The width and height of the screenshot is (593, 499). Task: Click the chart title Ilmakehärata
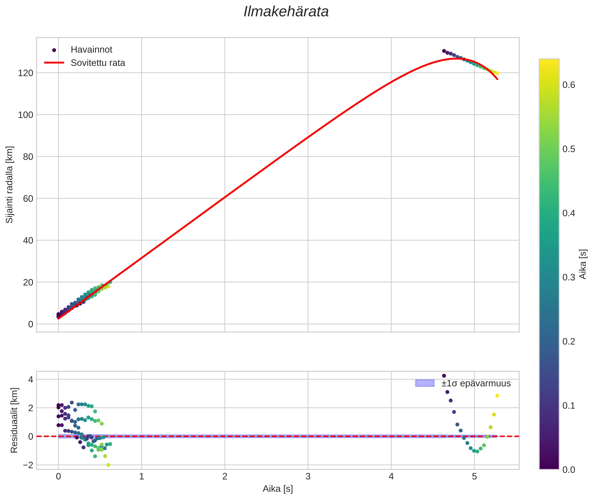286,12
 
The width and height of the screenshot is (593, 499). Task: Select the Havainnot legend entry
91,50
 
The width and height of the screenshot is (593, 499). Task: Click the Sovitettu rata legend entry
98,63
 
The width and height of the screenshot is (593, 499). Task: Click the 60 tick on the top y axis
28,199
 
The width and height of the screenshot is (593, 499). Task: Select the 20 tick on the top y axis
28,282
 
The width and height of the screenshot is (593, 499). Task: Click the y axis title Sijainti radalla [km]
9,185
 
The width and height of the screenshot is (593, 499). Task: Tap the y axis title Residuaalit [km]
14,420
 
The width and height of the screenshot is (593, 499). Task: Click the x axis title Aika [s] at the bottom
277,489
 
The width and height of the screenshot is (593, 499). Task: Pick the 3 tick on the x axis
308,477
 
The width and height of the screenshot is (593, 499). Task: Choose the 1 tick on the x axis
142,477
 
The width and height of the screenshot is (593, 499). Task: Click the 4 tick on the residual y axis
30,380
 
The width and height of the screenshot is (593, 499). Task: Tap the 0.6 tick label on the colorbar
568,85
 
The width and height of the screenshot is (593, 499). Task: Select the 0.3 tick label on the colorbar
568,277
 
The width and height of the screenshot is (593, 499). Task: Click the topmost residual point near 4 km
444,376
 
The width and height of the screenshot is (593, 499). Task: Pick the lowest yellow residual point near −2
108,465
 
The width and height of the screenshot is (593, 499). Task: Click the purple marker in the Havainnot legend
54,50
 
